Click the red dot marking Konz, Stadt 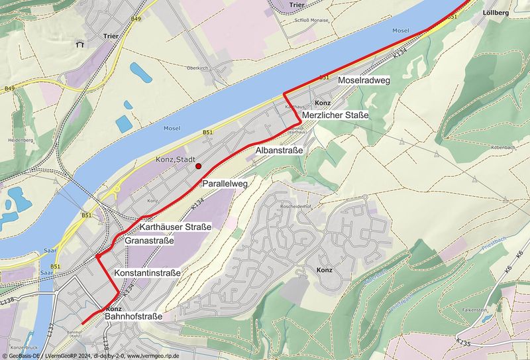(198, 167)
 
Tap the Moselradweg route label (364, 80)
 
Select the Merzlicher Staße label (335, 116)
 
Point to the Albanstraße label (279, 152)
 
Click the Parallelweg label (225, 184)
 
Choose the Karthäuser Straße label (176, 227)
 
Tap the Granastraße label (149, 241)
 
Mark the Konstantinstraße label (147, 272)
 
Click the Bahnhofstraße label (133, 318)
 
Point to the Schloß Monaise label (311, 21)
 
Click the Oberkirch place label (198, 68)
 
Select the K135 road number (464, 342)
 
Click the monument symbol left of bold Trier (79, 45)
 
